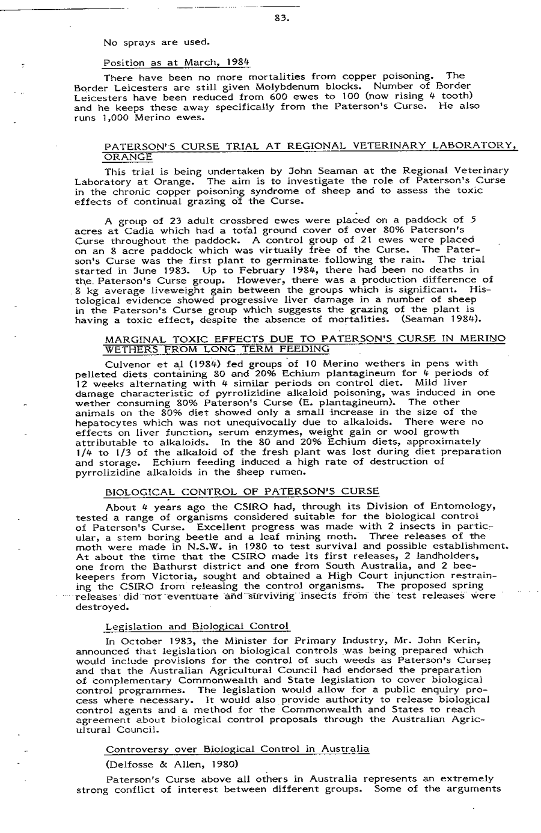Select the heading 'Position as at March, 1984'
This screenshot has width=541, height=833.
pos(176,63)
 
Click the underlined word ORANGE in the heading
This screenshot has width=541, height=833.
pos(128,156)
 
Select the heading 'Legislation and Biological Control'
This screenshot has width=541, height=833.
pos(197,627)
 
